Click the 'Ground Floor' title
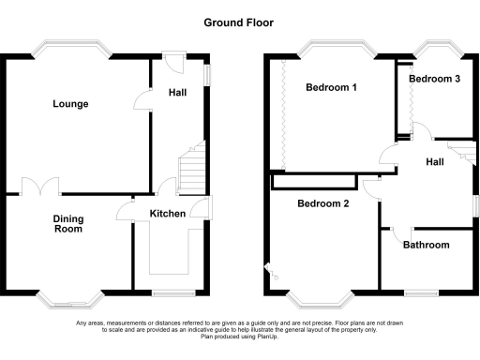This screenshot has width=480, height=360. pyautogui.click(x=239, y=22)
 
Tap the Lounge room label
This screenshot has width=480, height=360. pyautogui.click(x=70, y=104)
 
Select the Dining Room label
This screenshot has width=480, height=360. pyautogui.click(x=68, y=224)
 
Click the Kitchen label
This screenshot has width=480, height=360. pyautogui.click(x=168, y=214)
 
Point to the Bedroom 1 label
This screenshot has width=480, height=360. pyautogui.click(x=332, y=88)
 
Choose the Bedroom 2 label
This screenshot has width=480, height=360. pyautogui.click(x=323, y=203)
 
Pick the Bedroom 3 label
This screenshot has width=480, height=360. pyautogui.click(x=434, y=79)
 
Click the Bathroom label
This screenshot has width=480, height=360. pyautogui.click(x=426, y=246)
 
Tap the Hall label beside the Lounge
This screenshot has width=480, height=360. pyautogui.click(x=177, y=93)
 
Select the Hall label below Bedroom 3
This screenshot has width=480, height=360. pyautogui.click(x=435, y=162)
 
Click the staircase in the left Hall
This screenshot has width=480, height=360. pyautogui.click(x=193, y=170)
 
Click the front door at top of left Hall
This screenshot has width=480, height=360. pyautogui.click(x=172, y=56)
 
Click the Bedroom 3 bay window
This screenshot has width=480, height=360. pyautogui.click(x=433, y=46)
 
